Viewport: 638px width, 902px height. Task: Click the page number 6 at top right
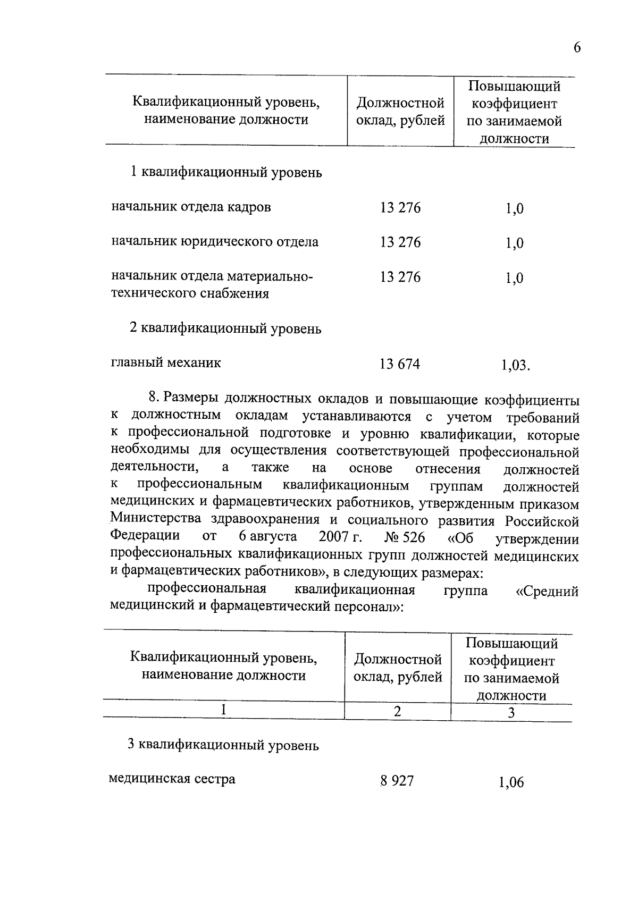click(x=577, y=48)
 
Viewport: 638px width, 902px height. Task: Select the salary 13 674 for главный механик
click(x=400, y=364)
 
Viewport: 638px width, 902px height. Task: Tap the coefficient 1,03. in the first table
click(x=515, y=366)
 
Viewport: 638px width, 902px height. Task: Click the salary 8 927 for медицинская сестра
click(x=397, y=781)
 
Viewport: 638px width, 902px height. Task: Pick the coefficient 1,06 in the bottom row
click(x=511, y=782)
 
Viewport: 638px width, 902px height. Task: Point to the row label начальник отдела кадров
click(x=191, y=207)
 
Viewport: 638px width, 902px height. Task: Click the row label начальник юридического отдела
click(x=215, y=242)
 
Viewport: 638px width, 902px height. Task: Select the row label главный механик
click(x=166, y=363)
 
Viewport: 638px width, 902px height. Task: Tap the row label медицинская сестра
click(x=172, y=779)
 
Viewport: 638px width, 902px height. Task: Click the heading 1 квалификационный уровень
click(x=226, y=173)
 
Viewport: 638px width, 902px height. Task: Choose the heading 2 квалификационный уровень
click(x=225, y=328)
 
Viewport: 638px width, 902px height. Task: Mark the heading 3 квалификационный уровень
click(x=223, y=745)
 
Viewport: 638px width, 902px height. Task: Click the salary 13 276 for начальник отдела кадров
click(x=400, y=208)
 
